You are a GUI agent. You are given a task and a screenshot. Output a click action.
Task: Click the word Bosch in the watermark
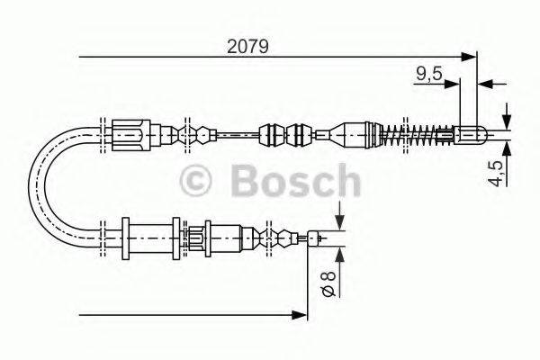(x=296, y=182)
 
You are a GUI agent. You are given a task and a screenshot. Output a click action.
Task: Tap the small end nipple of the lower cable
(x=315, y=238)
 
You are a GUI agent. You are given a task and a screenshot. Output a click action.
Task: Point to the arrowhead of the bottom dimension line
(x=301, y=314)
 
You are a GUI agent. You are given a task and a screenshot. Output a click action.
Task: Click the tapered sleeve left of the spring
(x=351, y=136)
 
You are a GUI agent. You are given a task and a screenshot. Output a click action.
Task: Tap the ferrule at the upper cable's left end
(x=129, y=136)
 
